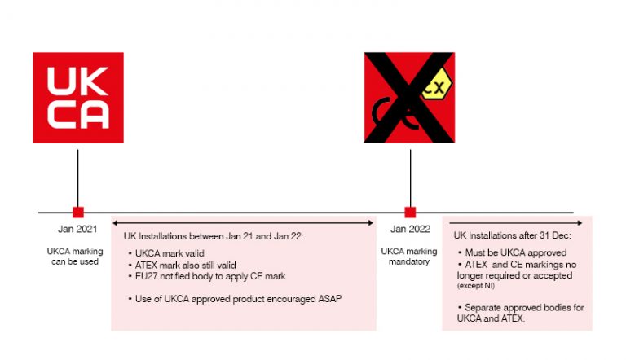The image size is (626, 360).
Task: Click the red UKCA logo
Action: pyautogui.click(x=77, y=98)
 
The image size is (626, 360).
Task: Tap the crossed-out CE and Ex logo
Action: pyautogui.click(x=409, y=98)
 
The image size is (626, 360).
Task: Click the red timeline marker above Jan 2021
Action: pyautogui.click(x=77, y=212)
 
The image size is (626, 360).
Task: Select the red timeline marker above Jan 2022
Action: pyautogui.click(x=409, y=212)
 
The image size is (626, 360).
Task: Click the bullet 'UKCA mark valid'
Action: pyautogui.click(x=170, y=253)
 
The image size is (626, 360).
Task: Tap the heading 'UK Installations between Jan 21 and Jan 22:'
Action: pyautogui.click(x=214, y=236)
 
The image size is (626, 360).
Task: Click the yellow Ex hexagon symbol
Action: pyautogui.click(x=437, y=86)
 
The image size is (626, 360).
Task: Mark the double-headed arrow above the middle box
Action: pyautogui.click(x=243, y=222)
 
